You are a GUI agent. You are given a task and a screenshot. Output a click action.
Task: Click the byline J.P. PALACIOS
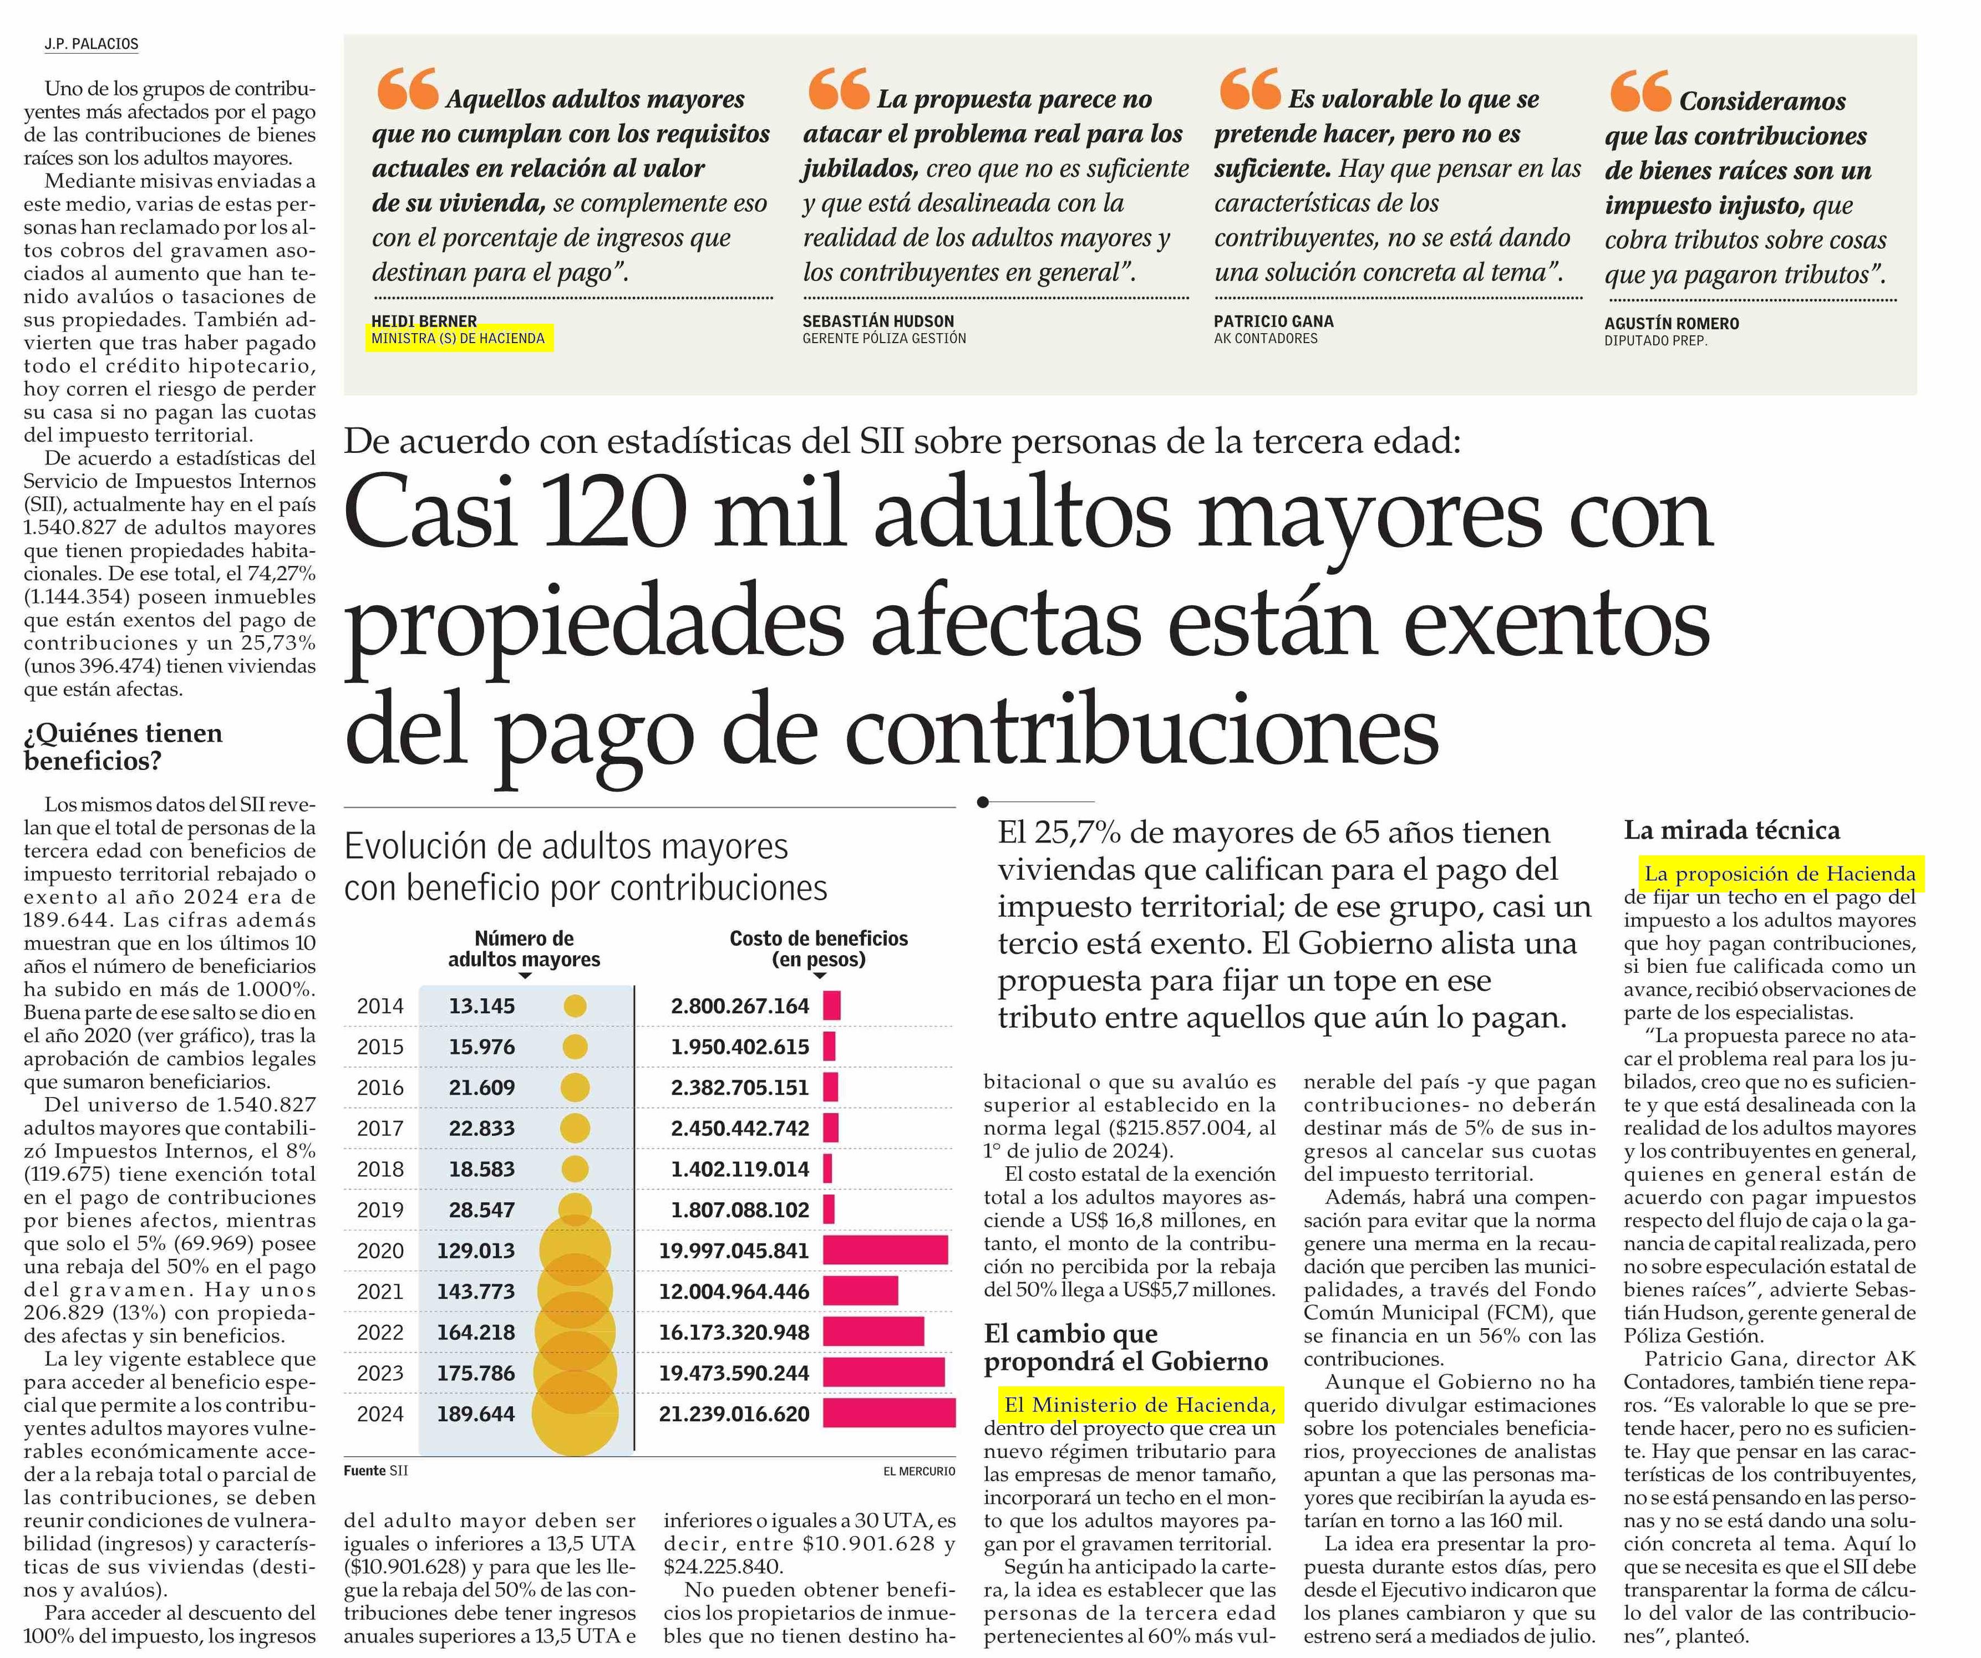(x=92, y=44)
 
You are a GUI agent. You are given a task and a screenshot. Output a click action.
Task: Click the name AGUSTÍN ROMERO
(x=1672, y=324)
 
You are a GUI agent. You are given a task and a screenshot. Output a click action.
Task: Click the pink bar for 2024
(x=888, y=1414)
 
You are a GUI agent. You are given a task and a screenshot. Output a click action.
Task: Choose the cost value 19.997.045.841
(x=734, y=1251)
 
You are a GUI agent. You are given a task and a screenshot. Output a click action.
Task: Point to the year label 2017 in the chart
(x=380, y=1128)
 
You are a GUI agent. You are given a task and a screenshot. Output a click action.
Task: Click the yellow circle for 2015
(x=575, y=1047)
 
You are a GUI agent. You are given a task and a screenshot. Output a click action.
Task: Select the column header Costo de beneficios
(x=819, y=938)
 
